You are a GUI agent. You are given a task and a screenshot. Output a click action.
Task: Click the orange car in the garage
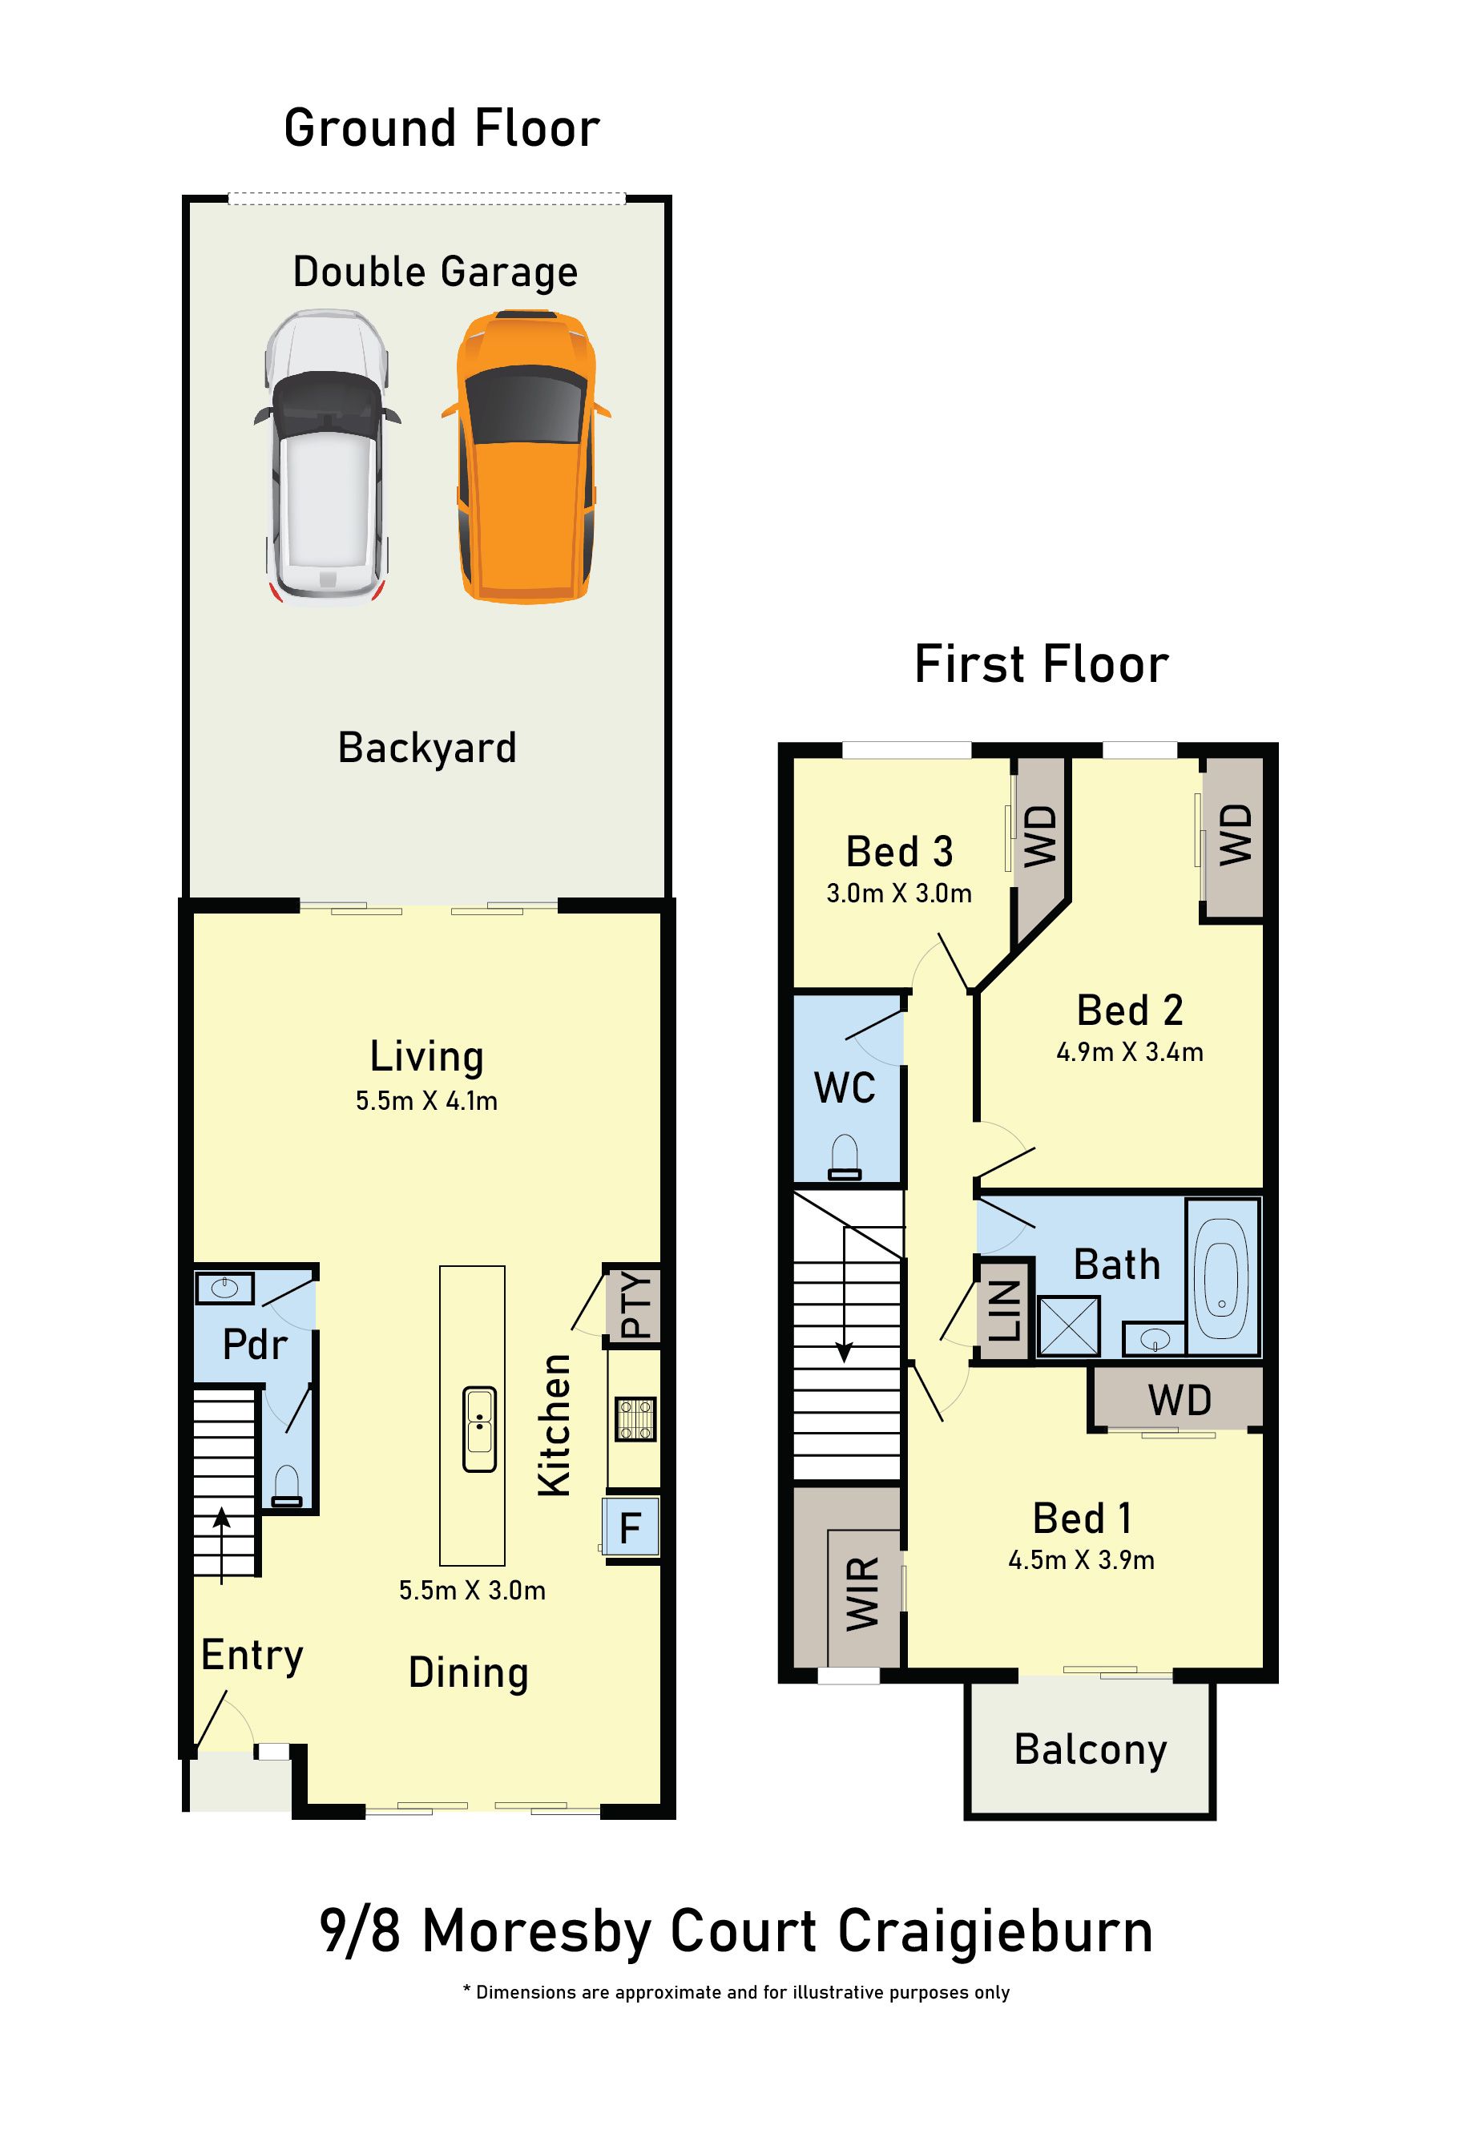click(x=526, y=457)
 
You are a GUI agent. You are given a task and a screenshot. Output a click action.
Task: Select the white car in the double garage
click(x=328, y=457)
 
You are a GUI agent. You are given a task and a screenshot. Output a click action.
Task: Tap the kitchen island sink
click(x=479, y=1430)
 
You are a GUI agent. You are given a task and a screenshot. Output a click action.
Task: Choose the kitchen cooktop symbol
click(x=635, y=1418)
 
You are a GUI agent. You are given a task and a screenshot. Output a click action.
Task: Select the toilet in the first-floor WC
click(x=845, y=1158)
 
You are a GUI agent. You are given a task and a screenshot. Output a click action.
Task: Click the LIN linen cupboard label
click(x=1005, y=1310)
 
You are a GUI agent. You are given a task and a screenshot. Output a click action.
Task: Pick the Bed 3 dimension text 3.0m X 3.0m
click(x=899, y=893)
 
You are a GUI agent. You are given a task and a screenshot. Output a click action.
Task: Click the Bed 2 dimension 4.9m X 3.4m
click(x=1130, y=1052)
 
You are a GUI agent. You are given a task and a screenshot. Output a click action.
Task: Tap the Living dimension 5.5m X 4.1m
click(x=426, y=1101)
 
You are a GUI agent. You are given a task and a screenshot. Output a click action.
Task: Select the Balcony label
click(x=1091, y=1750)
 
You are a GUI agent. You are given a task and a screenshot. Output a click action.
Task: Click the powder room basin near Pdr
click(x=225, y=1288)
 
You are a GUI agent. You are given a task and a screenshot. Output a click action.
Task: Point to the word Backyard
click(x=427, y=748)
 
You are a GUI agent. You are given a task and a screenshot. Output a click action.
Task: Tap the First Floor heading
click(x=1042, y=664)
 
